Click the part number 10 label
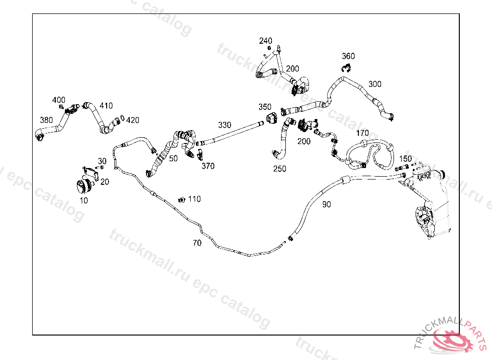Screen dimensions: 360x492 coord(84,201)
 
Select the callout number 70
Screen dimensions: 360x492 coord(197,243)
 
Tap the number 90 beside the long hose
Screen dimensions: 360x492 coord(327,204)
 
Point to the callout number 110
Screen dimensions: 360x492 coord(195,199)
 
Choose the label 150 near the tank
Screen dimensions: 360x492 coord(406,158)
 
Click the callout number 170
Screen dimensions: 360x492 coord(363,133)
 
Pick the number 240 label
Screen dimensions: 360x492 coord(266,41)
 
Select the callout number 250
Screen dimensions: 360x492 coord(280,169)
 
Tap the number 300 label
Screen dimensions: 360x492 coord(375,84)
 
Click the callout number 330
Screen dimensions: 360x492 coord(224,125)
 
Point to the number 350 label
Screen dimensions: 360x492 coord(265,107)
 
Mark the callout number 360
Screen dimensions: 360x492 coord(348,56)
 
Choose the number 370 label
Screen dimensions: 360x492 coord(208,166)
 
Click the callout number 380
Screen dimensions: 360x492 coord(47,120)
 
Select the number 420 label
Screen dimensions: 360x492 coord(133,120)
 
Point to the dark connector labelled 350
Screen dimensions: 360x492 coord(272,117)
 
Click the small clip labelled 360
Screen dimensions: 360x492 coord(345,68)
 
